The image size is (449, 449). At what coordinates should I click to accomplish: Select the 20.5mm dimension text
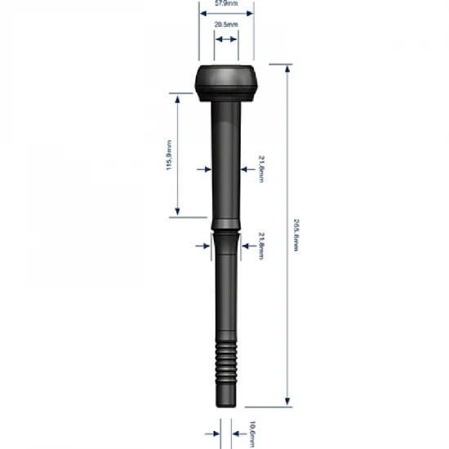227,26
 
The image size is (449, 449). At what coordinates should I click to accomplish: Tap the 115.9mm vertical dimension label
170,154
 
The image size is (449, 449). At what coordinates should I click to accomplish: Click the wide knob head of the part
227,82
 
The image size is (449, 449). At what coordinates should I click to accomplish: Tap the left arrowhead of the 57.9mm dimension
203,15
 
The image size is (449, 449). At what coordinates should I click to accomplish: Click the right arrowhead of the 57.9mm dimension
250,15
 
